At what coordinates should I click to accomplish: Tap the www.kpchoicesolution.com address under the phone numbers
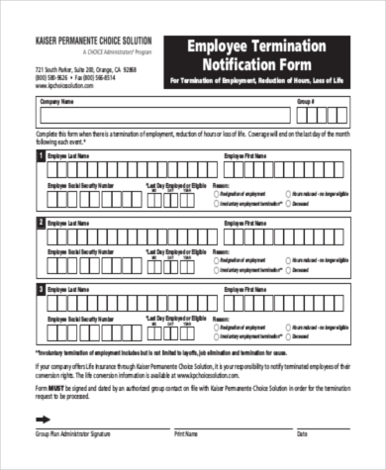[x=73, y=86]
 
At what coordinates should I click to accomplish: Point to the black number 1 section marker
[x=41, y=156]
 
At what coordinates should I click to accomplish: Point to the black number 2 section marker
[x=41, y=224]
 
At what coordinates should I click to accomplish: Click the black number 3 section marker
[x=41, y=290]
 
